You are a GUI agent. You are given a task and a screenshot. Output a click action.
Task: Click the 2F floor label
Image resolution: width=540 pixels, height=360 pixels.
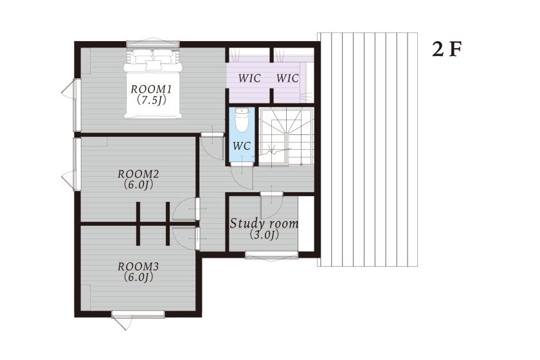pos(447,50)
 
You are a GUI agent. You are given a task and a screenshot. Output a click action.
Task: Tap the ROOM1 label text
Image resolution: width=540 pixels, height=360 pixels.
pos(151,89)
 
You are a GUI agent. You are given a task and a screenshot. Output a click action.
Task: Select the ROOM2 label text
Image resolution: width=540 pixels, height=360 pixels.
pos(138,174)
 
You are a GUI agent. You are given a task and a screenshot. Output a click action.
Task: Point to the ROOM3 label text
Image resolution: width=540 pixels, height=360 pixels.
pos(138,266)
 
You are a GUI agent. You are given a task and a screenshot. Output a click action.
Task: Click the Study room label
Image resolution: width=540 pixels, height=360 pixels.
pos(264,224)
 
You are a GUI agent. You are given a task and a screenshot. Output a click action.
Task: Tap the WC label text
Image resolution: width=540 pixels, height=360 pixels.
pos(242,146)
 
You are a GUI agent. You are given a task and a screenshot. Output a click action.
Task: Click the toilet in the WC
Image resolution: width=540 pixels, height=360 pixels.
pos(242,120)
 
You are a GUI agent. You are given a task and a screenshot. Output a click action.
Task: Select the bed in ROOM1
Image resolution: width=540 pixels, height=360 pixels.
pos(153,84)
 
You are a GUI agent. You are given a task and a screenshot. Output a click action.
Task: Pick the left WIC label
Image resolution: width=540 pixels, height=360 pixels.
pos(249,78)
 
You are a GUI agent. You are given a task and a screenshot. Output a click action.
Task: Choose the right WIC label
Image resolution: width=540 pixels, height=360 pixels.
pos(287,78)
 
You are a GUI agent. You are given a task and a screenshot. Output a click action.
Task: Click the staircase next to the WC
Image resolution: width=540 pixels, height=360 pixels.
pos(286,137)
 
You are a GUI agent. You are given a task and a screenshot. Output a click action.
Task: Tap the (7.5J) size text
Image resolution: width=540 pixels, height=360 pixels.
pos(150,100)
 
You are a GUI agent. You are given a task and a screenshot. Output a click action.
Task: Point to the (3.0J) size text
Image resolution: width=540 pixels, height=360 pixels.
pos(264,235)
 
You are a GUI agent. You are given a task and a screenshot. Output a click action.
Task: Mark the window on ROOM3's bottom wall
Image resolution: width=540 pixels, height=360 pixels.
pos(138,314)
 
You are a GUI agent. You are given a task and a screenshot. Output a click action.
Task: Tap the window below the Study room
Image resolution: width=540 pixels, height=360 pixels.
pos(271,255)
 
